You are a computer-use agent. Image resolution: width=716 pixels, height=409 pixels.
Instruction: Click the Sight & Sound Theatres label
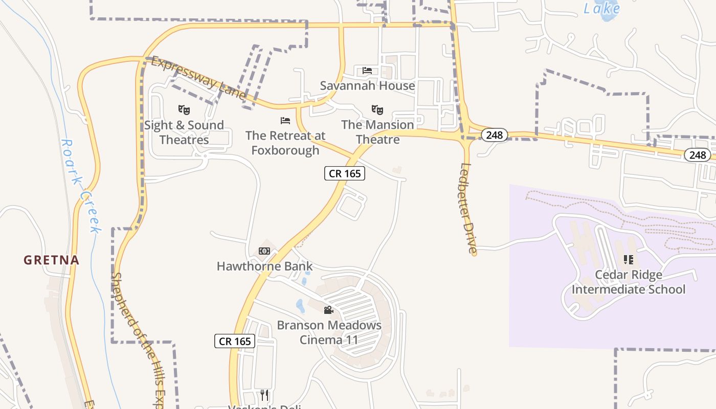click(x=184, y=132)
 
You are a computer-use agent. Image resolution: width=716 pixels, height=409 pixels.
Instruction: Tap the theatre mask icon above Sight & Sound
click(x=184, y=109)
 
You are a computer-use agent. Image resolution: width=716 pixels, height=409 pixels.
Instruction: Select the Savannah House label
click(x=367, y=85)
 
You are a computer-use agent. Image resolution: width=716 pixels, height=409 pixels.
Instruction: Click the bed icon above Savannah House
click(x=367, y=70)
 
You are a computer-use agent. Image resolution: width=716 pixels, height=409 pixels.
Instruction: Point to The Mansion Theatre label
click(x=377, y=132)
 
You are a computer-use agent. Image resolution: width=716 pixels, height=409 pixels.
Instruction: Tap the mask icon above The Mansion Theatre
click(x=377, y=109)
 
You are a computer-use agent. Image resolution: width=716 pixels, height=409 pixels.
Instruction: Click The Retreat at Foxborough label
click(x=285, y=143)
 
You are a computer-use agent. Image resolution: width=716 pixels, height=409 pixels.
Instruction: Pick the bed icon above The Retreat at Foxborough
click(x=285, y=121)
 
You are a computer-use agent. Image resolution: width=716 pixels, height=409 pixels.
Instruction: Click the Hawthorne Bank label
click(x=264, y=266)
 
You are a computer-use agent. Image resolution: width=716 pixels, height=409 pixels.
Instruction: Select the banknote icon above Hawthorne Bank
click(x=264, y=251)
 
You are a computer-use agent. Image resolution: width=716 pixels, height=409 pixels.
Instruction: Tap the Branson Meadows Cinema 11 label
click(x=329, y=332)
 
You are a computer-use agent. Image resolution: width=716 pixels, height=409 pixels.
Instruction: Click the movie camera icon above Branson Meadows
click(x=328, y=310)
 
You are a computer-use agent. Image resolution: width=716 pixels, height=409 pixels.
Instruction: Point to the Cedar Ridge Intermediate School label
click(x=629, y=282)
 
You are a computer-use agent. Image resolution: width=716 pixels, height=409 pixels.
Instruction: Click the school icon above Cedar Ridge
click(x=629, y=259)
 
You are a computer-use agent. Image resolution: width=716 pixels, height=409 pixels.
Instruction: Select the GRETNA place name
click(x=51, y=260)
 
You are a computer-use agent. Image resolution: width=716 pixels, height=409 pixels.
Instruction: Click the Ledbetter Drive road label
click(x=468, y=208)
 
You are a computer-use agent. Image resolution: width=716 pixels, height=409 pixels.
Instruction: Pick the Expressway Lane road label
click(x=198, y=78)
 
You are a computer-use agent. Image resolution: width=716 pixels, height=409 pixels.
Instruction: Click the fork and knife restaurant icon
click(x=264, y=395)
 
